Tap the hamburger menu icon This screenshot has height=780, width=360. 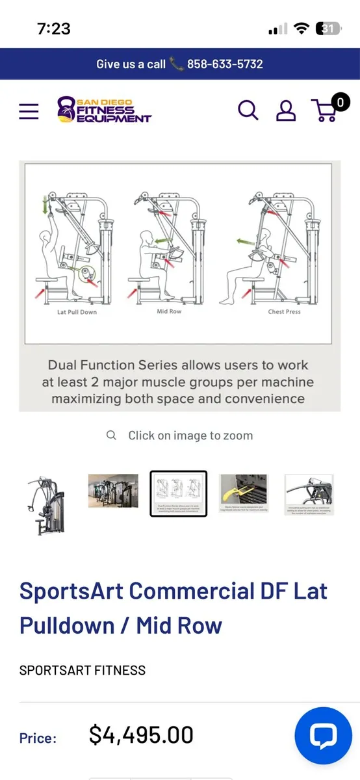pyautogui.click(x=29, y=111)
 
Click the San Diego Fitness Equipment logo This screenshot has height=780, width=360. pyautogui.click(x=104, y=110)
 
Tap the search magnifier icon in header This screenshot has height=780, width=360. pyautogui.click(x=248, y=110)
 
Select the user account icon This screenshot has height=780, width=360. pyautogui.click(x=286, y=111)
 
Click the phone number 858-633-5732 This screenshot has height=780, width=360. pyautogui.click(x=225, y=64)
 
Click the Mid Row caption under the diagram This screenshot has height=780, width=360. pyautogui.click(x=170, y=312)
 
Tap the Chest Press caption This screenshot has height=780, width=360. pyautogui.click(x=285, y=312)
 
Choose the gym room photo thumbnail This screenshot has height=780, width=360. pyautogui.click(x=113, y=491)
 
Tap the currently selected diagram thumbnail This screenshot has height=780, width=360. pyautogui.click(x=179, y=493)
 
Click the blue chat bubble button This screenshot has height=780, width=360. pyautogui.click(x=323, y=736)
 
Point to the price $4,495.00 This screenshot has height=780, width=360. pyautogui.click(x=141, y=735)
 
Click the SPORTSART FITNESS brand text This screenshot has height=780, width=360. pyautogui.click(x=83, y=670)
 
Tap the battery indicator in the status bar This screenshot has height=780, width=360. pyautogui.click(x=327, y=29)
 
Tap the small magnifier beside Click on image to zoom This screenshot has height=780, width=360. pyautogui.click(x=112, y=435)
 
